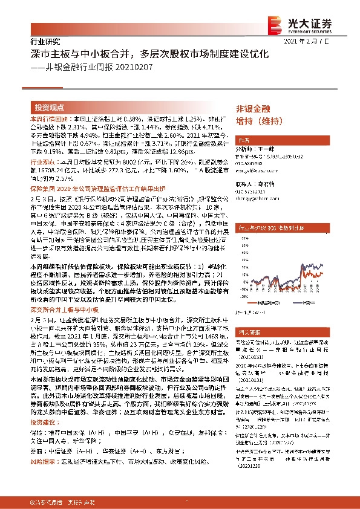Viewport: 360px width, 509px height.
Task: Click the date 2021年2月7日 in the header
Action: point(308,42)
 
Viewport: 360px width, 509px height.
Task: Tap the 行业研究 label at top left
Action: point(45,42)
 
